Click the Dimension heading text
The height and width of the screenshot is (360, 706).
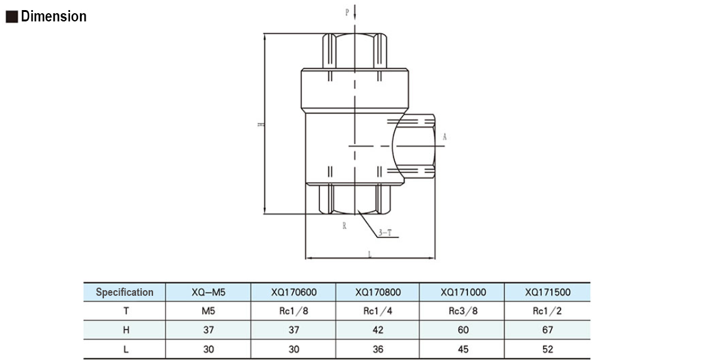[54, 17]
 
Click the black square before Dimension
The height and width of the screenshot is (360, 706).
[11, 18]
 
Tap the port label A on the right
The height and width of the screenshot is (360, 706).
[444, 137]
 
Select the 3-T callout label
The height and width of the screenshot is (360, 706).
[385, 233]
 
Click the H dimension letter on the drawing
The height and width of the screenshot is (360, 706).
[259, 125]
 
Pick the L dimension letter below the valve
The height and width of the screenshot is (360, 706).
[369, 254]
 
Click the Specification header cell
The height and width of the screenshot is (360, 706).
[124, 292]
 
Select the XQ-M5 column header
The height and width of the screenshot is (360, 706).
[208, 292]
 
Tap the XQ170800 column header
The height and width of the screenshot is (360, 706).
[378, 292]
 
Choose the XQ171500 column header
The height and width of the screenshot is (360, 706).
[547, 292]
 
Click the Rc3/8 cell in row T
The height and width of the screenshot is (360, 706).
[463, 311]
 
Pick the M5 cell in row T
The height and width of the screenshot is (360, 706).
[208, 311]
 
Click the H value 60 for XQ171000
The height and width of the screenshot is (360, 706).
[463, 330]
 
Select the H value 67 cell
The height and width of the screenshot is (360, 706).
[547, 330]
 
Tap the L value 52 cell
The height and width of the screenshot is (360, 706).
[547, 349]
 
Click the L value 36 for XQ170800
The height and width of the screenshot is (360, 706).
[378, 349]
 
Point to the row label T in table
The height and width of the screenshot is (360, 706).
[124, 311]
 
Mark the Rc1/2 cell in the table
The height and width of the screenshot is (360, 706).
[547, 311]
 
